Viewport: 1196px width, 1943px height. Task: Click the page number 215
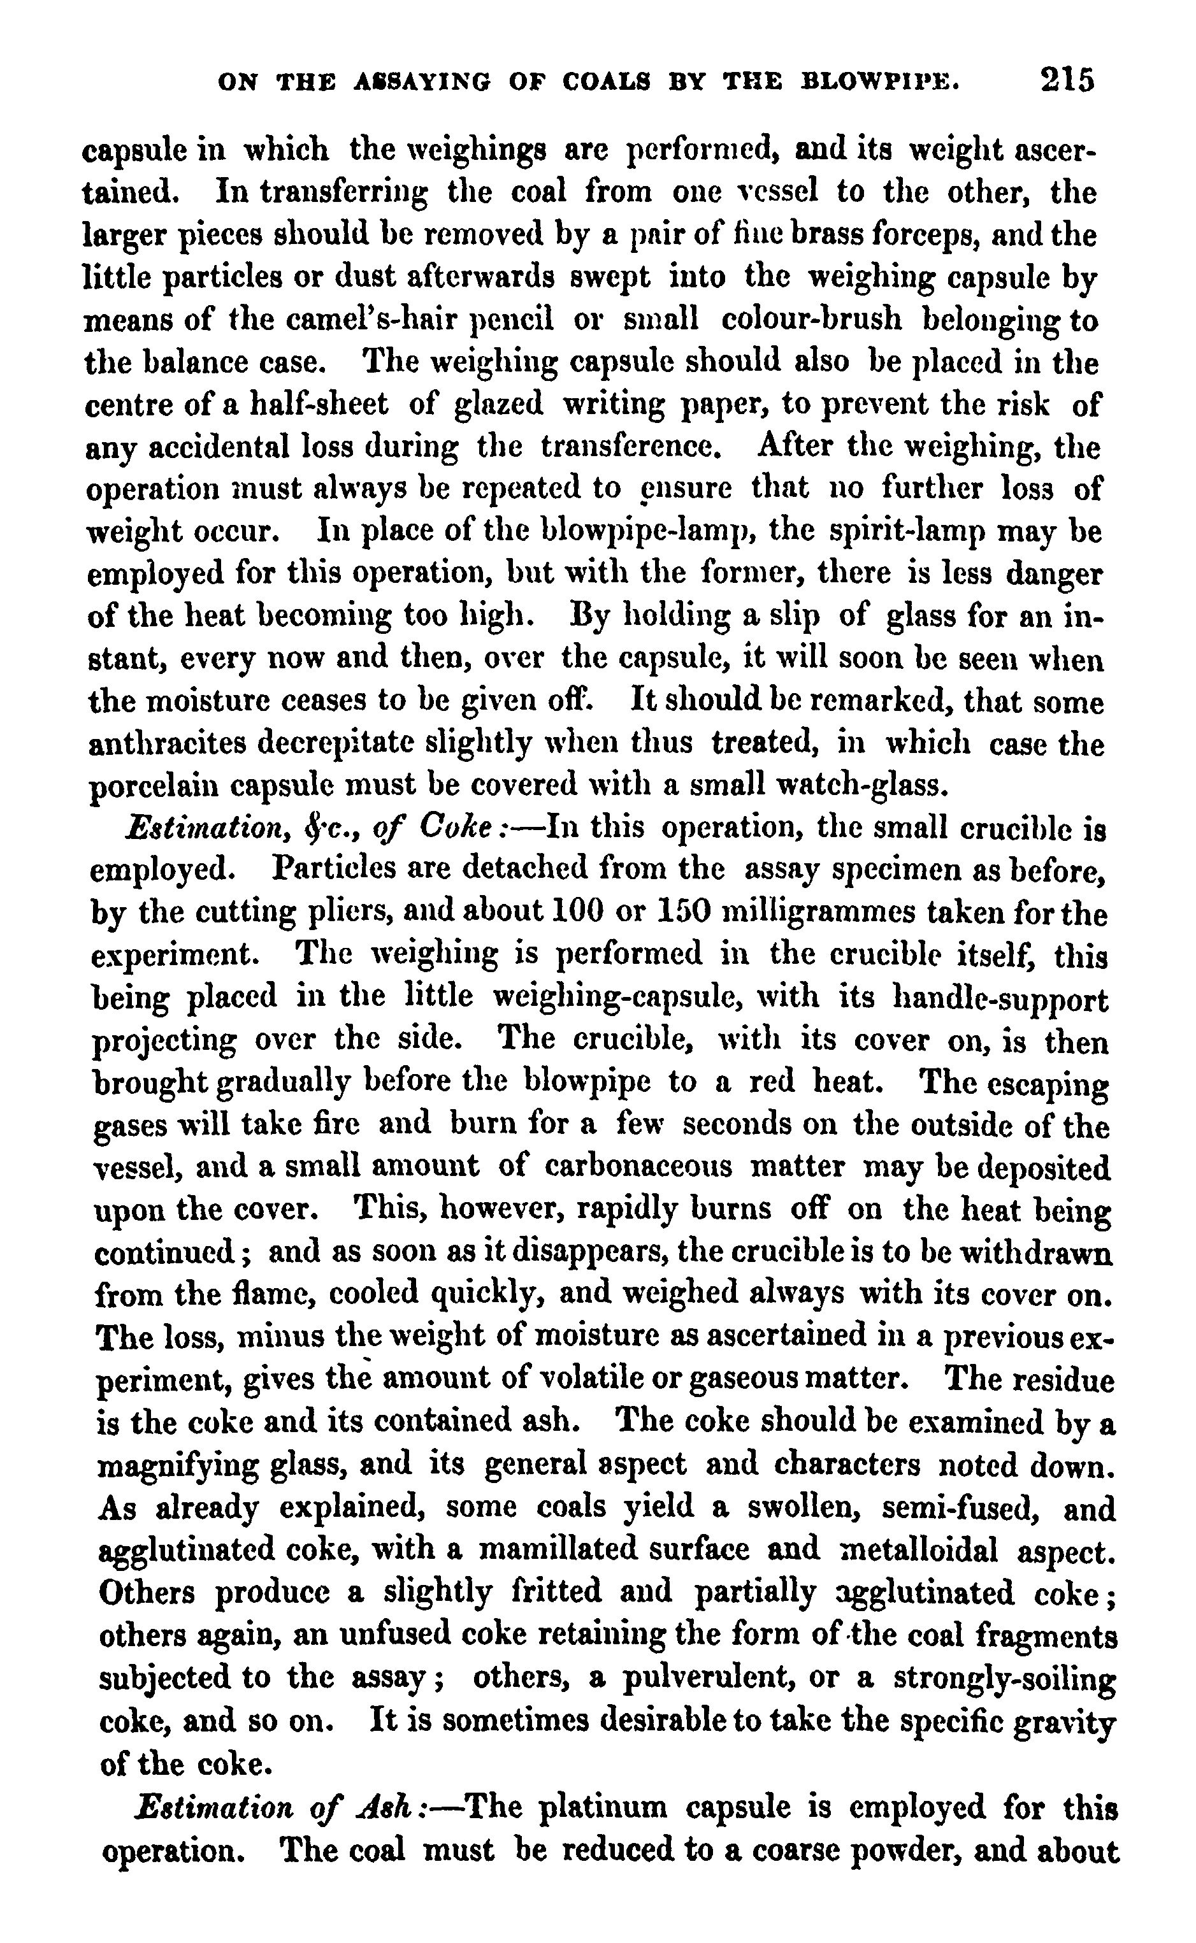[1067, 81]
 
